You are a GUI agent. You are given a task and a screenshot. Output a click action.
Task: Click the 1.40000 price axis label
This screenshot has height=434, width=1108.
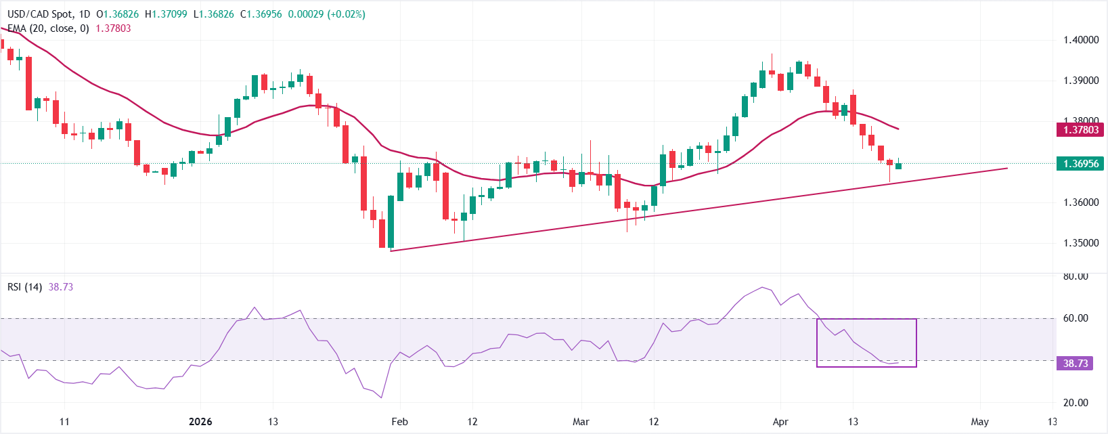click(x=1080, y=40)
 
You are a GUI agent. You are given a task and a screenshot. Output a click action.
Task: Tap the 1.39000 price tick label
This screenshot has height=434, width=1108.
click(x=1080, y=81)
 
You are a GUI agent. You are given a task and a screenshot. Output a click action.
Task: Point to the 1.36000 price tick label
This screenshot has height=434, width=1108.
click(x=1080, y=202)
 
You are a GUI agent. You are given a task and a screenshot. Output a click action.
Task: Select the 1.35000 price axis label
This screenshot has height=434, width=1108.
click(x=1080, y=243)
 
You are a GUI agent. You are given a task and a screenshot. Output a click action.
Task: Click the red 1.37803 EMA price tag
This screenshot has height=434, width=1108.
click(x=1080, y=129)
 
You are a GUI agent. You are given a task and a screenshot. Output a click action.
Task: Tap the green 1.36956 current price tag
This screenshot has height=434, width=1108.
click(x=1080, y=163)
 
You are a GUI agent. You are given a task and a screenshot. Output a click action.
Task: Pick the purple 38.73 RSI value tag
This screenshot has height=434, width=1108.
click(x=1075, y=364)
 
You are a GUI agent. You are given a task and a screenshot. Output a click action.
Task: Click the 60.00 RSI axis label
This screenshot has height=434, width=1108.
click(x=1076, y=318)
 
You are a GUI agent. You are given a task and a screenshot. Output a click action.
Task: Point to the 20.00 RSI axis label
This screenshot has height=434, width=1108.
click(x=1076, y=403)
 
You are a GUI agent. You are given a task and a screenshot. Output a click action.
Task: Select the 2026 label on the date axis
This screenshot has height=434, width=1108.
click(x=200, y=422)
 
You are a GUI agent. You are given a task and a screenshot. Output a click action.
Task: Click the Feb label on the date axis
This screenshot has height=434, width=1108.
click(x=399, y=422)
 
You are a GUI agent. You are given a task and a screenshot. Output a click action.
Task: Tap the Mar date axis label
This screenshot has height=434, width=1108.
click(x=581, y=422)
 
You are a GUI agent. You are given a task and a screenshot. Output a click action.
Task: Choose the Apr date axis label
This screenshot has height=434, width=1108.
click(x=780, y=422)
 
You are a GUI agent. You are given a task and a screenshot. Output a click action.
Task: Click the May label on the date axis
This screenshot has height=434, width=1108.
click(x=979, y=422)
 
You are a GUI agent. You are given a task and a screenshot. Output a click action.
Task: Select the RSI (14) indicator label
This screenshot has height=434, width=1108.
click(x=24, y=287)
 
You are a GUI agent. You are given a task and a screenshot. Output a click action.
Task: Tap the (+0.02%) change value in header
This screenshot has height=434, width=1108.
click(x=346, y=14)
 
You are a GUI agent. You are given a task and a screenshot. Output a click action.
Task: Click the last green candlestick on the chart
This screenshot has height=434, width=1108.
click(x=898, y=166)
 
